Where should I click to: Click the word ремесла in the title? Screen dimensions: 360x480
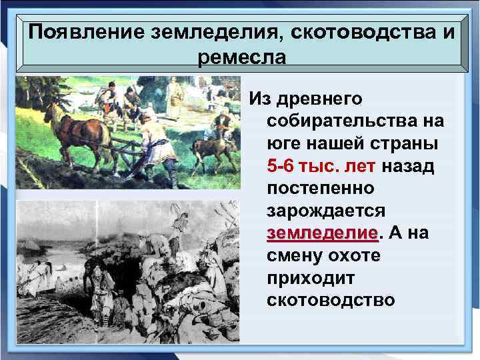[x=241, y=57]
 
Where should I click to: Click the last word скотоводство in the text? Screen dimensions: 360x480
[x=330, y=301]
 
